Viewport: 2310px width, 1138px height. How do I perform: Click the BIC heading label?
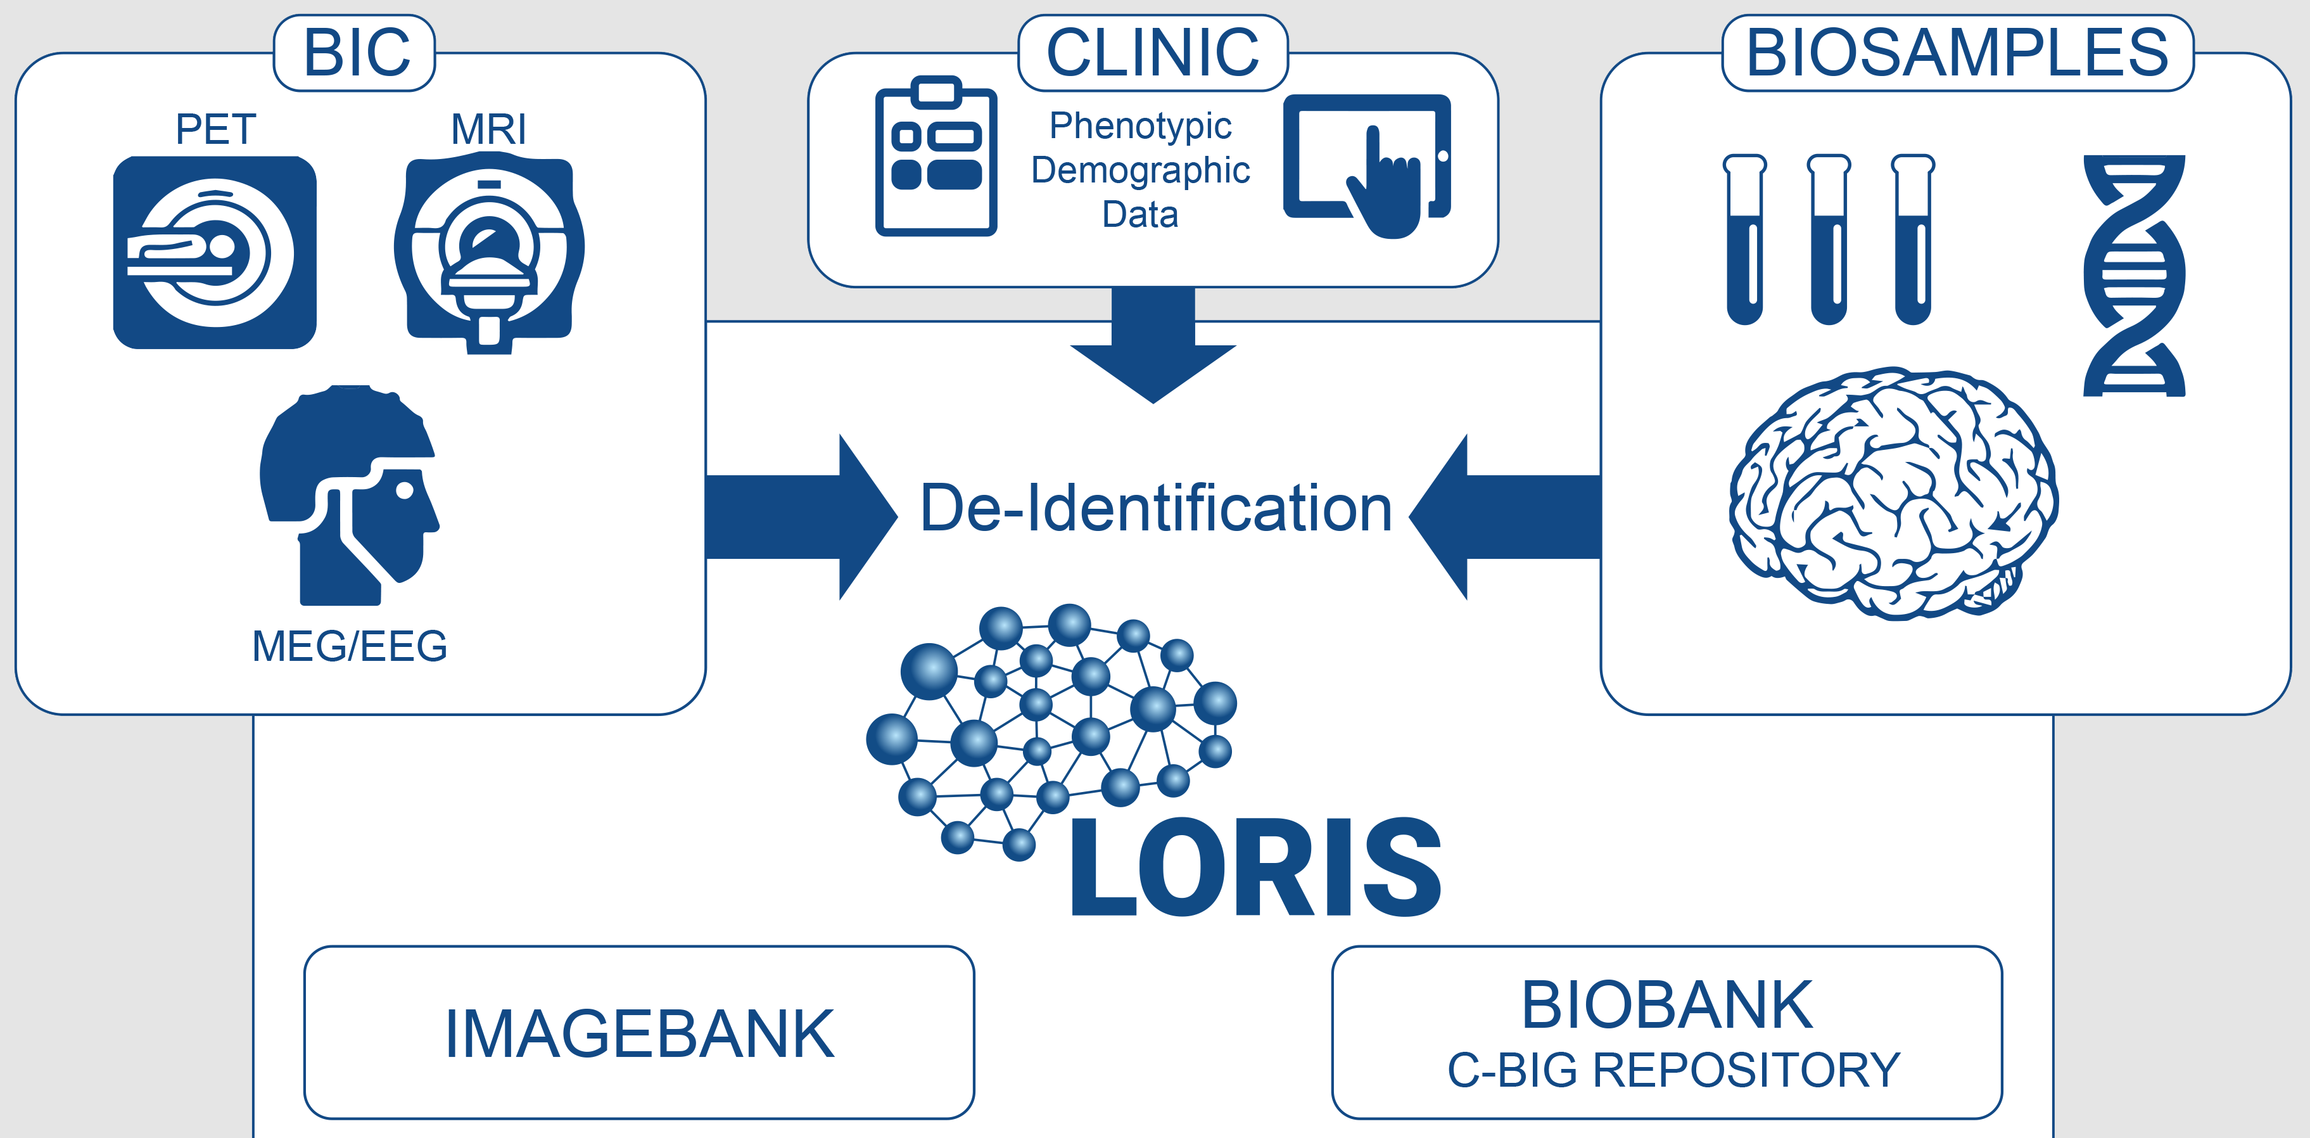coord(356,53)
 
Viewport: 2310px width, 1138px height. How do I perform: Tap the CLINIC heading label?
coord(1153,53)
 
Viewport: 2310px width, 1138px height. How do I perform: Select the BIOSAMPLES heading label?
coord(1958,53)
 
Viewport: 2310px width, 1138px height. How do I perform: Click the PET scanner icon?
coord(214,252)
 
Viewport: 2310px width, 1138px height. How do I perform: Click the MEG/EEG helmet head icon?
coord(349,495)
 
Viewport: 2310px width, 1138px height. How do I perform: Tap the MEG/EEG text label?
coord(350,646)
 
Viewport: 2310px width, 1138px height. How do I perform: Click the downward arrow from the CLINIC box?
coord(1153,345)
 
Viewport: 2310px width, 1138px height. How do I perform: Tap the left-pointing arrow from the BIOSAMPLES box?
coord(1505,516)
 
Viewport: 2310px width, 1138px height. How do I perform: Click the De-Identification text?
coord(1156,508)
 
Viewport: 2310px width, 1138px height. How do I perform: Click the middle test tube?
coord(1829,240)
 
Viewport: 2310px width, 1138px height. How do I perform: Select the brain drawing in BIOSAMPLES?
coord(1894,493)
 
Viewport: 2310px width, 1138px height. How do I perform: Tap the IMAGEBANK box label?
coord(639,1034)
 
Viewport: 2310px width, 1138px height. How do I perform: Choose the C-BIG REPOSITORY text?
coord(1673,1070)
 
